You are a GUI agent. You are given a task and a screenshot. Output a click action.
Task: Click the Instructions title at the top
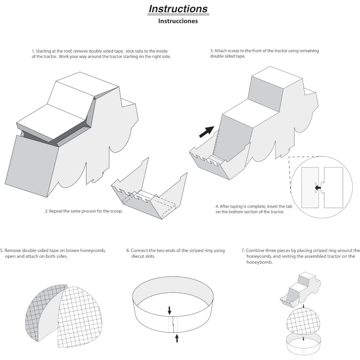pyautogui.click(x=178, y=9)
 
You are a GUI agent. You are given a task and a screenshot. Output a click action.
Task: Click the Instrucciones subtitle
pyautogui.click(x=178, y=21)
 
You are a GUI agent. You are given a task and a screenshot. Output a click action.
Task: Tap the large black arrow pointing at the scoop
pyautogui.click(x=207, y=132)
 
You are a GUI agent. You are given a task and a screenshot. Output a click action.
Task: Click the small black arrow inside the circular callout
pyautogui.click(x=318, y=188)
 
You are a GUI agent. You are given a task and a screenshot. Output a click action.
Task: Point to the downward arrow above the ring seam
pyautogui.click(x=170, y=310)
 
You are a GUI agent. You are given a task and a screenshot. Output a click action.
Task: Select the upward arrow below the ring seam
pyautogui.click(x=177, y=338)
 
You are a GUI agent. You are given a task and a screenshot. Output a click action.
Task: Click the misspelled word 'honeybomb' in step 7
pyautogui.click(x=260, y=262)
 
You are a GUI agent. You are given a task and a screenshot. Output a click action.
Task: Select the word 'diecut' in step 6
pyautogui.click(x=138, y=256)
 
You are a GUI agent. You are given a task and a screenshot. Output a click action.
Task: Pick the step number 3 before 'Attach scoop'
pyautogui.click(x=211, y=51)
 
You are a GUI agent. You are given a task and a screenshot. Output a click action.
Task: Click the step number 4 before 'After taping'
pyautogui.click(x=217, y=206)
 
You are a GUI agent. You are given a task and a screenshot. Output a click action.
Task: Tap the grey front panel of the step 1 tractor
pyautogui.click(x=32, y=166)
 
